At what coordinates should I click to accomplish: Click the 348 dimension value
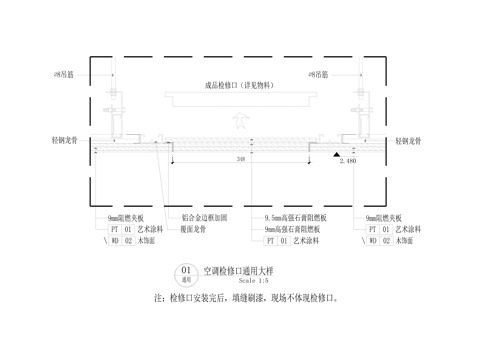(x=240, y=160)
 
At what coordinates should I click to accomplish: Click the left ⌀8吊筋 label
(x=100, y=74)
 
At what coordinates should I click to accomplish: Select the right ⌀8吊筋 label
(x=320, y=74)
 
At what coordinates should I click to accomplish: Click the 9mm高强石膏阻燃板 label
(x=301, y=229)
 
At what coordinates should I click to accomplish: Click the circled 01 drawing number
(x=186, y=271)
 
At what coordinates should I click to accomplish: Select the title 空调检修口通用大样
(x=238, y=270)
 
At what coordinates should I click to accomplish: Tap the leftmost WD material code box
(x=115, y=241)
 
